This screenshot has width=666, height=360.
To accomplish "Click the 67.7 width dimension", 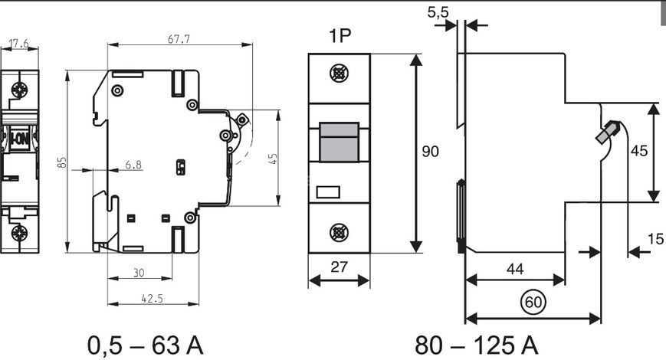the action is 179,39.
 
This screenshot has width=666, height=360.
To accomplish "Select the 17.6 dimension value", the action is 18,44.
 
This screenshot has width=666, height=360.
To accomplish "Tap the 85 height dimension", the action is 62,162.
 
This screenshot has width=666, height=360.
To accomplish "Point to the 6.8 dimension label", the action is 133,164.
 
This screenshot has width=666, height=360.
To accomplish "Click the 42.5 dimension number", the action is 152,299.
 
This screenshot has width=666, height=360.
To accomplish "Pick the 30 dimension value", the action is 139,273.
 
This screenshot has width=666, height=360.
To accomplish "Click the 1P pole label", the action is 340,36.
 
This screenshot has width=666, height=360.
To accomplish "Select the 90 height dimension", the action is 430,151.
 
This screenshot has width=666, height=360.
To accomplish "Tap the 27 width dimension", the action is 339,267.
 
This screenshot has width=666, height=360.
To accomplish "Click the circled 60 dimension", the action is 533,302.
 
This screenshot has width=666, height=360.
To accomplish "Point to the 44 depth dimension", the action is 515,269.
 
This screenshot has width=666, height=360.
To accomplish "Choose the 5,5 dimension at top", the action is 438,12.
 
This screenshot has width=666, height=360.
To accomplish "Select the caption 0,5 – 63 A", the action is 146,345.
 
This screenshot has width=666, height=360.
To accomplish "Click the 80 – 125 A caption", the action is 477,345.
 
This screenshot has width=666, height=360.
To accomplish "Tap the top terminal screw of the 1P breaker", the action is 340,74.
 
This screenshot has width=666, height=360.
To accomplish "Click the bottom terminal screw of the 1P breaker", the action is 340,233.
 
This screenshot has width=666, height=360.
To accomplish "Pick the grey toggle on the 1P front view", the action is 339,142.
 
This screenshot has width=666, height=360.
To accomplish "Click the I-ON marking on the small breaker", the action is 19,139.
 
